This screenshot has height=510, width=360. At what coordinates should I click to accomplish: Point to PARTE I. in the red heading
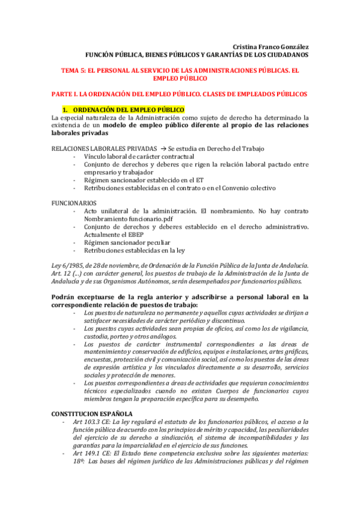(65, 94)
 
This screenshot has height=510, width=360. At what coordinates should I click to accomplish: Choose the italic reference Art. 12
(61, 274)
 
